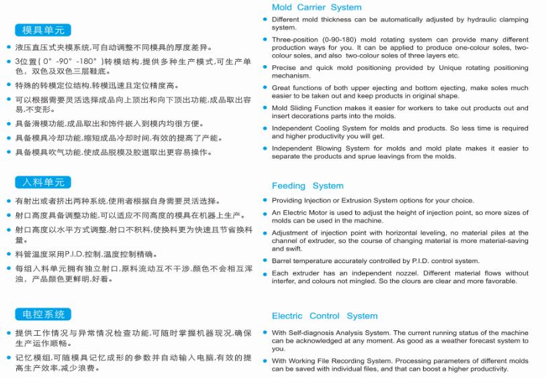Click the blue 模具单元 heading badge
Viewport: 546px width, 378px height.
(42, 30)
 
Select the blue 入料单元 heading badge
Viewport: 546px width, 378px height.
(42, 183)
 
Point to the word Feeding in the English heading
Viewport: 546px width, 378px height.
(289, 186)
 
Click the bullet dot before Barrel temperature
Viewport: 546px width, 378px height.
(265, 261)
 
